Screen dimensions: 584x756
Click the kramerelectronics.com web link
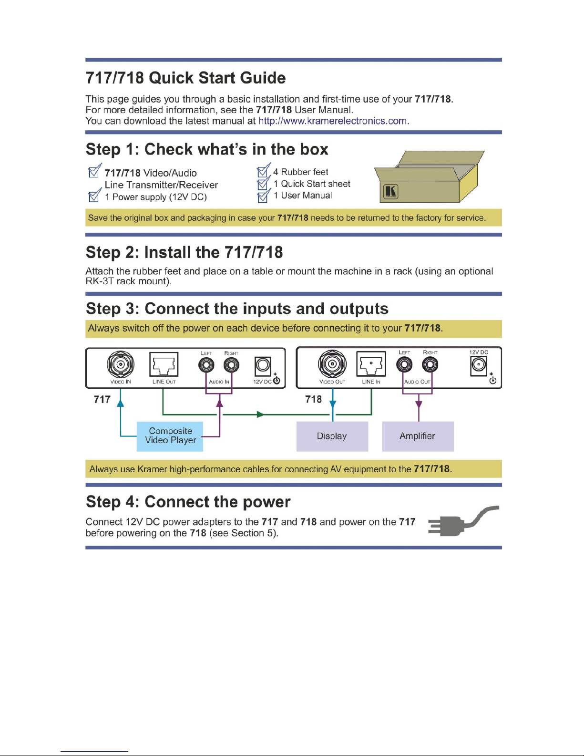coord(333,121)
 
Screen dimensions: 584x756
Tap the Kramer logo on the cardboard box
coord(391,191)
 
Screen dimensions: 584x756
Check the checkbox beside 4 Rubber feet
coord(264,170)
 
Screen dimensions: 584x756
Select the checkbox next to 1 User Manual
coord(264,196)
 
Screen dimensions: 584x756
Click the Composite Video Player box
coord(170,436)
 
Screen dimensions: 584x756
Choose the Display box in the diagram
coord(332,436)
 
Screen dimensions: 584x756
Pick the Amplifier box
coord(418,436)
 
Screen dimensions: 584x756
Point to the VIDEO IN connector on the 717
coord(121,364)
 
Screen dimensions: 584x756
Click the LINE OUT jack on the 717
coord(164,364)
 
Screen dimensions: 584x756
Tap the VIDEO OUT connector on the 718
coord(332,364)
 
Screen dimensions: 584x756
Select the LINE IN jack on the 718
coord(371,363)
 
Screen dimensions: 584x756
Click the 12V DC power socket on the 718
coord(478,366)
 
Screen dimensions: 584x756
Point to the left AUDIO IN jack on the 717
coord(206,365)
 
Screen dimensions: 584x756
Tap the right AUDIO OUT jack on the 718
coord(430,365)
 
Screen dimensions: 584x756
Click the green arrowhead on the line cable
coord(260,414)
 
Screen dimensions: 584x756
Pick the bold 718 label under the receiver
coord(313,399)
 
